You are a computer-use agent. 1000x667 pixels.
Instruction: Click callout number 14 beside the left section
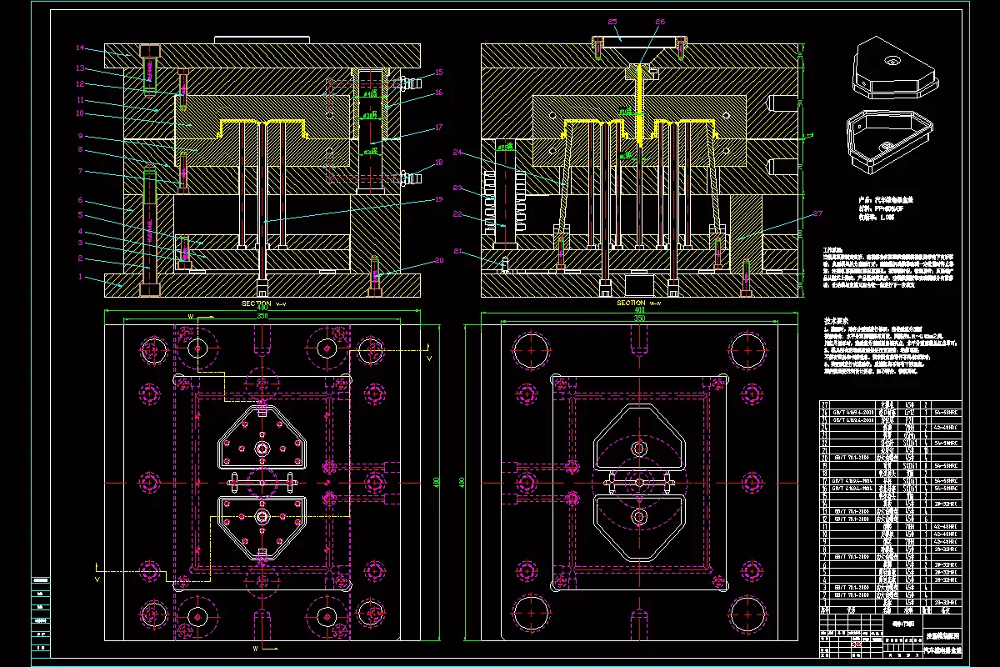coord(81,48)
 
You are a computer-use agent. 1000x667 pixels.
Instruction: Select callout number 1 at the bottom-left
coord(81,276)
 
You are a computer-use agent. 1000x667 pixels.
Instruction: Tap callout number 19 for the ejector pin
coord(439,198)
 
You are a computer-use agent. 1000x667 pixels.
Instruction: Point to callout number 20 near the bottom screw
coord(439,261)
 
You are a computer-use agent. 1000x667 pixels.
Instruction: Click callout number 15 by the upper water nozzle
coord(439,73)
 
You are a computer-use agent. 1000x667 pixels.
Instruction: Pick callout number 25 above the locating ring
coord(612,21)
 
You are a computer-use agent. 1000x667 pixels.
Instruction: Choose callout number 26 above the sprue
coord(660,21)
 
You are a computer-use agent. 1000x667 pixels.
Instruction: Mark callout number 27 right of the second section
coord(817,214)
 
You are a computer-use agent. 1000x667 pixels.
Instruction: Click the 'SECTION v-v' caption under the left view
coord(263,303)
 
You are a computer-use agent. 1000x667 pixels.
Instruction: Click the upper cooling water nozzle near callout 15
coord(407,83)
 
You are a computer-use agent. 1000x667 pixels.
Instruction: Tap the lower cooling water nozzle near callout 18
coord(407,177)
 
